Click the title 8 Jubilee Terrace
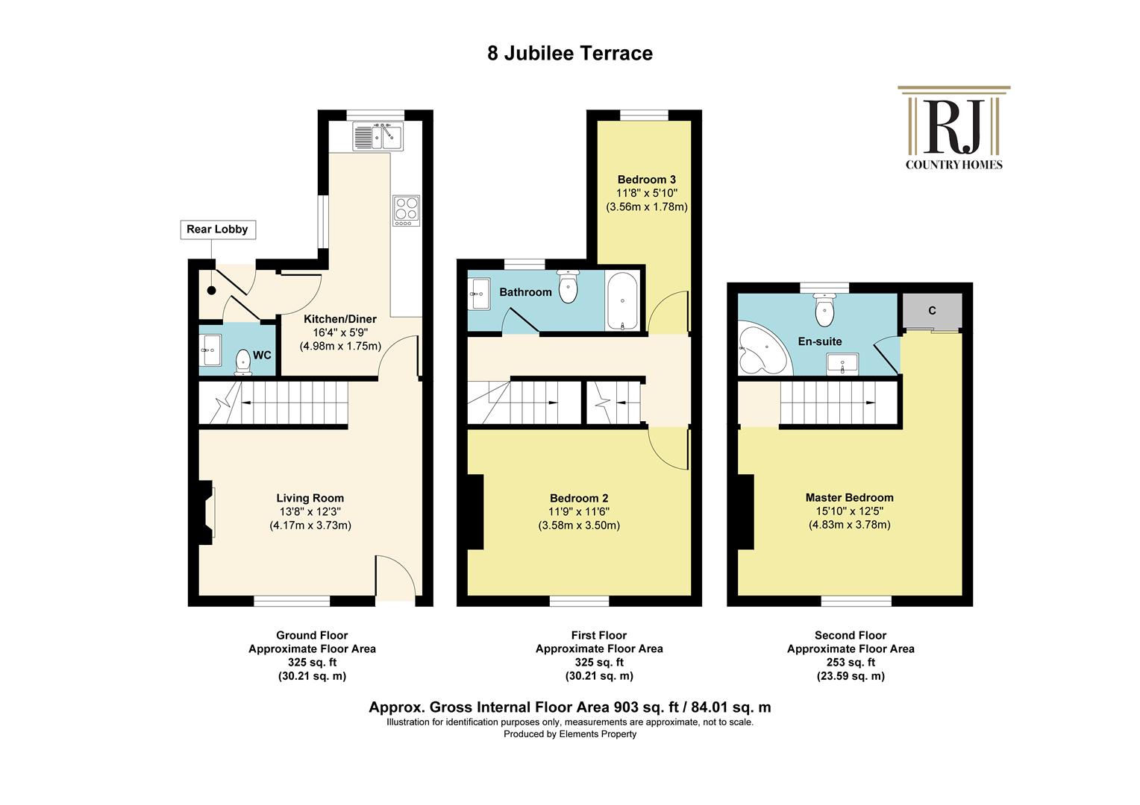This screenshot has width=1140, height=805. coord(570,54)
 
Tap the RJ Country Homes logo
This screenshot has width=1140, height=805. coord(953,127)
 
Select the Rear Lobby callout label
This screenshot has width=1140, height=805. coord(218,230)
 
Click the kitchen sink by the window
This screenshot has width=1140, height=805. coord(378,136)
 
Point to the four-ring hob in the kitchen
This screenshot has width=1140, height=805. coord(406,210)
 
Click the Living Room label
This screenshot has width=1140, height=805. coord(310,499)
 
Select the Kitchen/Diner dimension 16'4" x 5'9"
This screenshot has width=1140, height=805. coord(340,332)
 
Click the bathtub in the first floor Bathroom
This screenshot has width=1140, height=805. coord(622,300)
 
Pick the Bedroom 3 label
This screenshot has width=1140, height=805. coord(646,180)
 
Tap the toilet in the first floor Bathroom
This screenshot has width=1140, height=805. coord(568,286)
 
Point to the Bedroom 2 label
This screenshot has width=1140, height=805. coord(579,499)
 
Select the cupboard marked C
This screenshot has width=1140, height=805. coord(932,311)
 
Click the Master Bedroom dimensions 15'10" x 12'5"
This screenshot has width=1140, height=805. coord(849,511)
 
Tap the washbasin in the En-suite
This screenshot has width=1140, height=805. coord(842,364)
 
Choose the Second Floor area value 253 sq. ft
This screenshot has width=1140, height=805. coord(851,663)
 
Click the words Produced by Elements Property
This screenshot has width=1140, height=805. coord(570,733)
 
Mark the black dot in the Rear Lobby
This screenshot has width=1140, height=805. coord(211,291)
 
